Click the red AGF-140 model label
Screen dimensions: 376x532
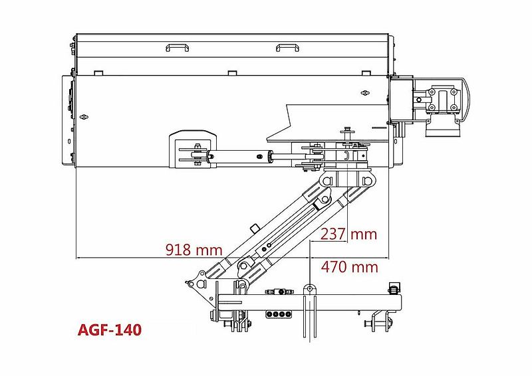(110, 329)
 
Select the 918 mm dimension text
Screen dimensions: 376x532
(194, 250)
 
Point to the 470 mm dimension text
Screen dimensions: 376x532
(350, 267)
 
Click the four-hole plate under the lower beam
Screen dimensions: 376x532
(279, 314)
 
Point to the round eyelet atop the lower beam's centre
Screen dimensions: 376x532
(309, 288)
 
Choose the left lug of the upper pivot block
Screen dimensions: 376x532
(326, 181)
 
